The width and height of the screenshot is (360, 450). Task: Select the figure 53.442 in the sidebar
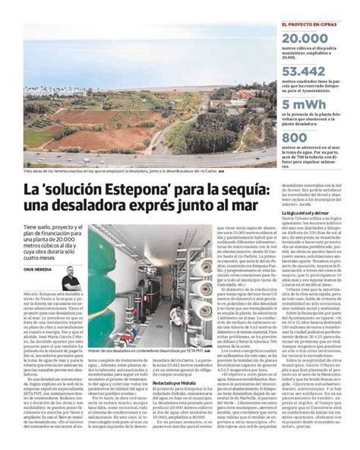pyautogui.click(x=303, y=71)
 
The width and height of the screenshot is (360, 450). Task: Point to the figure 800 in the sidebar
pyautogui.click(x=295, y=138)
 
